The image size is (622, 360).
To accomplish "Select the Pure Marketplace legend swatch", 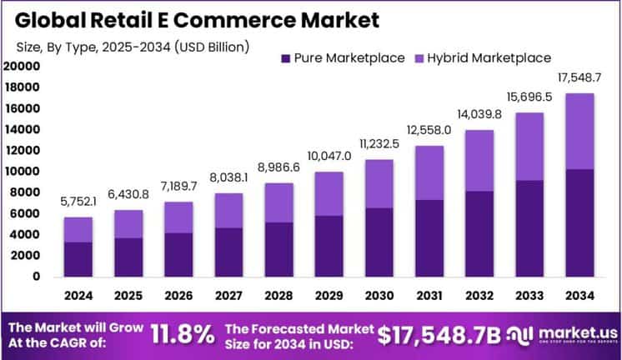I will coord(286,58).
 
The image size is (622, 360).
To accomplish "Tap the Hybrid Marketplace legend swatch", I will coord(419,58).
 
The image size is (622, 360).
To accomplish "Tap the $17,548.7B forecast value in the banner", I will coord(439,335).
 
